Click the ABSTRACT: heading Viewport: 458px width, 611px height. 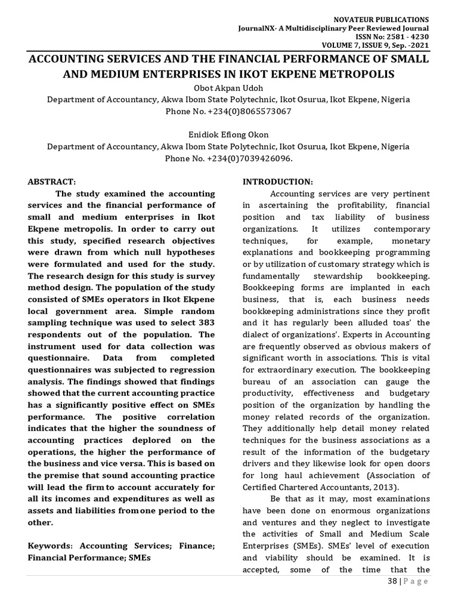(x=53, y=181)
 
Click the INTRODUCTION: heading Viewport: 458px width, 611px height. (x=277, y=181)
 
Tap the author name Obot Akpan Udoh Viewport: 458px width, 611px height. (x=228, y=88)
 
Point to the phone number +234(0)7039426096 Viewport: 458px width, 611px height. (x=247, y=159)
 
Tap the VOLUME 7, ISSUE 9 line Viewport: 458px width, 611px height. (x=366, y=45)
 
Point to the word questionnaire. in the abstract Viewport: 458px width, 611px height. (x=54, y=358)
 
